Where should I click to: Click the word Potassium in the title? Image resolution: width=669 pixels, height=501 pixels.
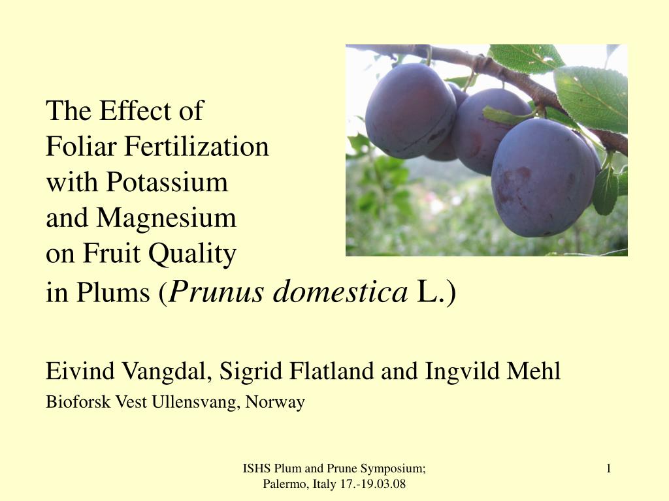(167, 182)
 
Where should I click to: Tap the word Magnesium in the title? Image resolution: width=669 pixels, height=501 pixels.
(166, 218)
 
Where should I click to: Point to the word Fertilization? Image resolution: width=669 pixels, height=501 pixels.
(196, 146)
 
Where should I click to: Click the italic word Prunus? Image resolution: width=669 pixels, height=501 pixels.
(216, 293)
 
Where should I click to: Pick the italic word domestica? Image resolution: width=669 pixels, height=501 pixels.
(340, 292)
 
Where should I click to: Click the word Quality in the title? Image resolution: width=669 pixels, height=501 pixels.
(192, 254)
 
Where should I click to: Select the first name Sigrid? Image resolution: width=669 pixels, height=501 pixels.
(251, 371)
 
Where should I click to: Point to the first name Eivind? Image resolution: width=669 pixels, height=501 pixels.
(80, 371)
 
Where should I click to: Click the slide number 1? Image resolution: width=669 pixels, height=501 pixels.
(609, 468)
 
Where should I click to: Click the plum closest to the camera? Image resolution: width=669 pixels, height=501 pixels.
(544, 177)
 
